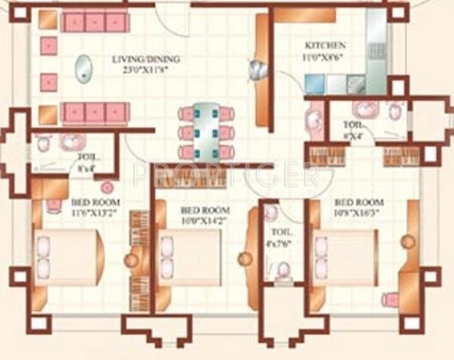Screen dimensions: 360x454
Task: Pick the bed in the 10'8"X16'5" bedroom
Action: coord(347,257)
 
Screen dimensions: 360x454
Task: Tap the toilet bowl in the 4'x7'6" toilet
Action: coord(283,269)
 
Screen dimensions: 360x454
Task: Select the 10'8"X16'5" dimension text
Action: coord(359,213)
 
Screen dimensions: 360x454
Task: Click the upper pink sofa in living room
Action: coord(95,22)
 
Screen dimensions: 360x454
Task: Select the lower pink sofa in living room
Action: coord(95,113)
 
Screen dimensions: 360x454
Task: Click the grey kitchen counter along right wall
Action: coord(375,45)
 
